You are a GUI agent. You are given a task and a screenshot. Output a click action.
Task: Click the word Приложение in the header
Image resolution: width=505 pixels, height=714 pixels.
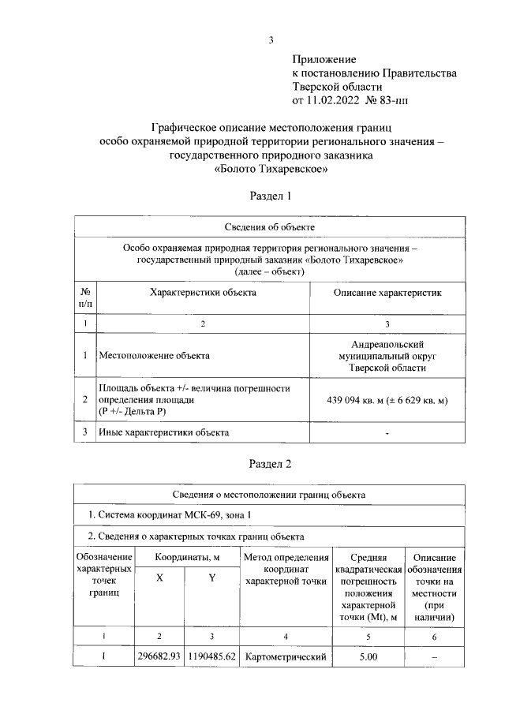click(x=324, y=59)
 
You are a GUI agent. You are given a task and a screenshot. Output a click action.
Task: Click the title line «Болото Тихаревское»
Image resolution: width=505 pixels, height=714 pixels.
click(x=271, y=168)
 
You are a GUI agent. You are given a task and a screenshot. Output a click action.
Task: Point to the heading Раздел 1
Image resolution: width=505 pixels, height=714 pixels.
click(x=271, y=196)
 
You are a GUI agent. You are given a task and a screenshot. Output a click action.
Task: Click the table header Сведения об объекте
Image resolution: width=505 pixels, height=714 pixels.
click(x=270, y=227)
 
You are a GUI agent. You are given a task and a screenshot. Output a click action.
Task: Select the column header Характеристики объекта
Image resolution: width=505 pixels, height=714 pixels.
click(x=203, y=292)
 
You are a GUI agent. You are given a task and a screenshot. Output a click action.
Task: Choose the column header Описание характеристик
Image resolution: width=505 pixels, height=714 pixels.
click(x=387, y=292)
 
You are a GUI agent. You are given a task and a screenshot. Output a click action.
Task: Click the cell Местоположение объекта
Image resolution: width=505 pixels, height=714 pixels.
click(x=154, y=356)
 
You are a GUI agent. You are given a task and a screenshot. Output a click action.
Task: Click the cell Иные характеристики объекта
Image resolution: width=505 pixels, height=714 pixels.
click(x=163, y=432)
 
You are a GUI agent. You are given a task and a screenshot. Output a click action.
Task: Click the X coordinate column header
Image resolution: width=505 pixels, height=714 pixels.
click(x=160, y=578)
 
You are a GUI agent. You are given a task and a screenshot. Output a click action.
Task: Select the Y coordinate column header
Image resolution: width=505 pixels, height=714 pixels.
click(x=211, y=578)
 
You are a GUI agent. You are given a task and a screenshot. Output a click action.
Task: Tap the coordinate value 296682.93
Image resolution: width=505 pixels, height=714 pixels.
click(x=159, y=656)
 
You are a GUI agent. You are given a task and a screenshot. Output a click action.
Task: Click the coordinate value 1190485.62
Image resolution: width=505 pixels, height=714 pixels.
click(x=211, y=656)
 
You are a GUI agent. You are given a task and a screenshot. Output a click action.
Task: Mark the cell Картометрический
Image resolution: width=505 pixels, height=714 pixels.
click(x=286, y=656)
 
